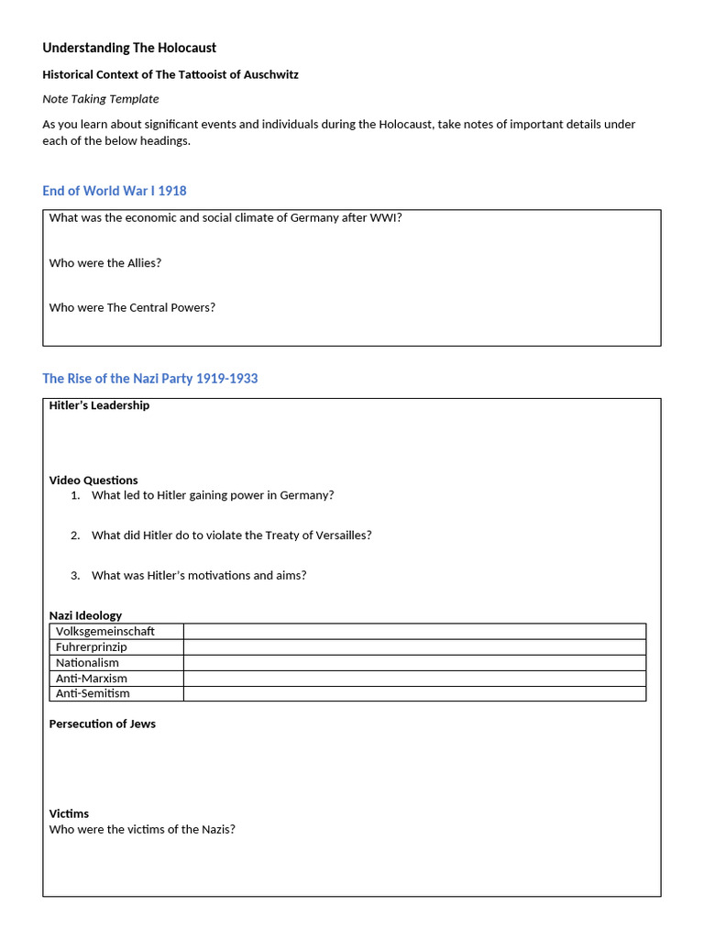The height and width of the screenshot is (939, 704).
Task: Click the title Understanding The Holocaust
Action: [129, 48]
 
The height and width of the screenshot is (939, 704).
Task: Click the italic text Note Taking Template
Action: [101, 99]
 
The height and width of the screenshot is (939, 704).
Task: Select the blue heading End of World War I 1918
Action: [115, 191]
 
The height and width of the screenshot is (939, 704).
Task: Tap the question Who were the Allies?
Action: [105, 263]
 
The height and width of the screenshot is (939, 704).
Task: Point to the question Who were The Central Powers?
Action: [132, 308]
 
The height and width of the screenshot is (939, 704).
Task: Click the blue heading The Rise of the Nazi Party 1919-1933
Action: [150, 379]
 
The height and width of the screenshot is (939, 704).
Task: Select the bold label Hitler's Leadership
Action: [99, 405]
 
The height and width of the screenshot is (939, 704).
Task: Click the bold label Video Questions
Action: [93, 481]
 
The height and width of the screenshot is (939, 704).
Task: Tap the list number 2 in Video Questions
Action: [74, 536]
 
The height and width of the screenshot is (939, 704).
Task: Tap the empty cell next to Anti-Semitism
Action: [414, 694]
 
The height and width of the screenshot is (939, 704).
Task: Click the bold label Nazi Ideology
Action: [85, 615]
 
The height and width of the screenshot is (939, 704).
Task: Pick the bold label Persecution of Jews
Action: [102, 724]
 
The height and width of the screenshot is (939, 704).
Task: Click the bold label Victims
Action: [69, 814]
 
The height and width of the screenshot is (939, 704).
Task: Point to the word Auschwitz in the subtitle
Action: [268, 74]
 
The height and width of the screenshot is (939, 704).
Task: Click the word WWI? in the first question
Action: [385, 218]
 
